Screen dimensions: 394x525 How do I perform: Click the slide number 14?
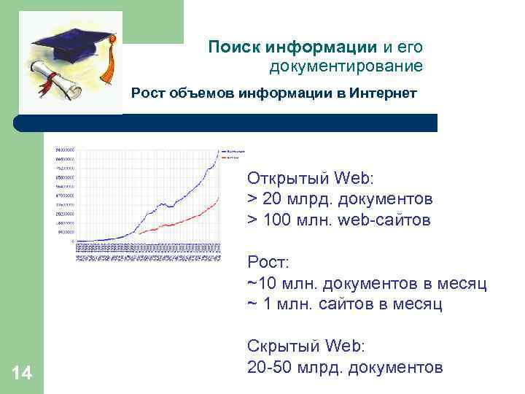pyautogui.click(x=22, y=374)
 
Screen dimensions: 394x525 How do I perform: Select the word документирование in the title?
pyautogui.click(x=346, y=67)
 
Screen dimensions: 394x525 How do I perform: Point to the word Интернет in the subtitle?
pyautogui.click(x=383, y=93)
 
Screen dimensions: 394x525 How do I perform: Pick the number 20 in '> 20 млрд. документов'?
pyautogui.click(x=271, y=199)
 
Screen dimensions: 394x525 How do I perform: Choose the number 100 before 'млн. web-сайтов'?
pyautogui.click(x=276, y=220)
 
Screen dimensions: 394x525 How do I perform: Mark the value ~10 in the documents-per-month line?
pyautogui.click(x=261, y=282)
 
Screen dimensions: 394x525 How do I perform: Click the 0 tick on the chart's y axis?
pyautogui.click(x=73, y=242)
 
